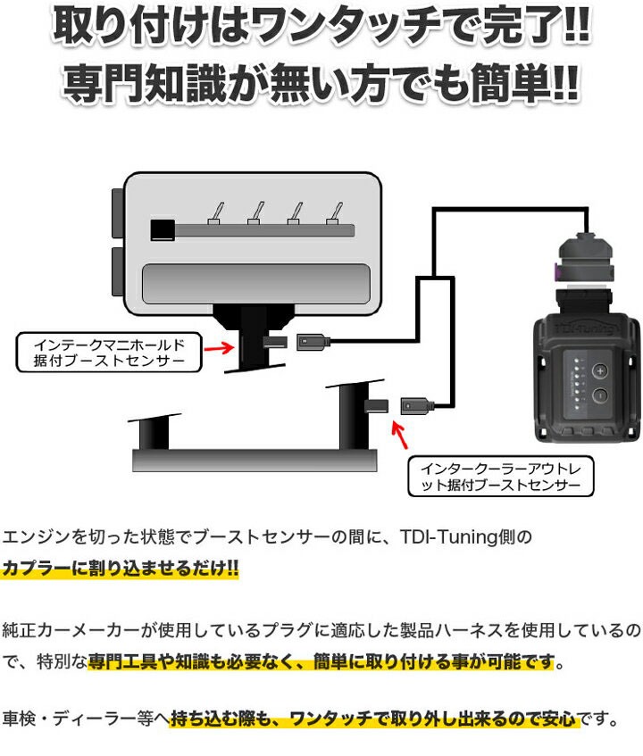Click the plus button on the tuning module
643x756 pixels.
click(601, 371)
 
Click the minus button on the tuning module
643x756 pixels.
click(600, 396)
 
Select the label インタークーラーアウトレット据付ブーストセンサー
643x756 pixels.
click(499, 477)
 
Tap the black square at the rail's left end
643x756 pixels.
click(163, 230)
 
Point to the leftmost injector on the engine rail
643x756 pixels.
click(215, 212)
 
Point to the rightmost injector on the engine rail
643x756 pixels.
click(337, 212)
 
